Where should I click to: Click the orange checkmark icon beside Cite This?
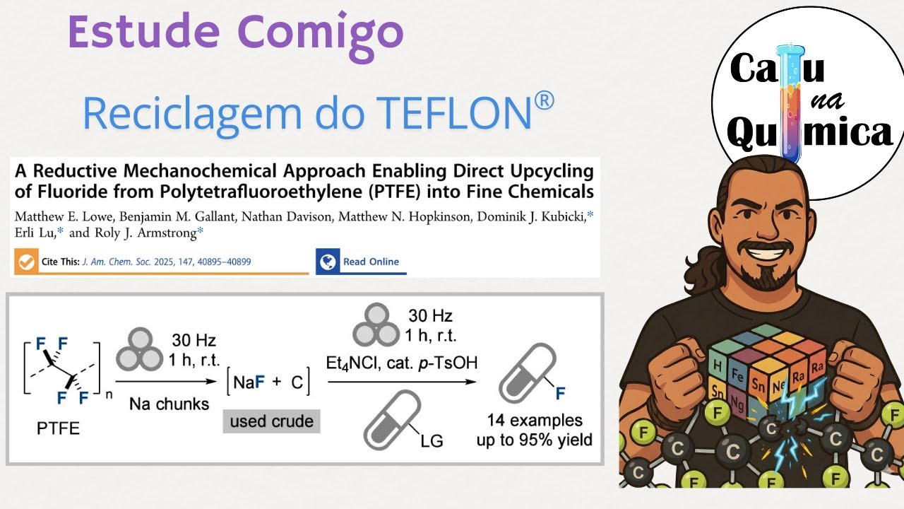(26, 262)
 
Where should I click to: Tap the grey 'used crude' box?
(272, 421)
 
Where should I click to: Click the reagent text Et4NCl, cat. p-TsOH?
(401, 363)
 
